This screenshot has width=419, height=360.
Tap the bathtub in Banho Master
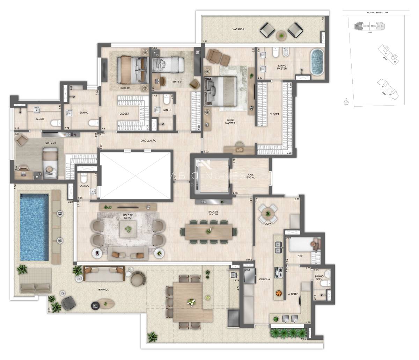coord(317,62)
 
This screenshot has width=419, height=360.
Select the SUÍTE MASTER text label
coord(230,121)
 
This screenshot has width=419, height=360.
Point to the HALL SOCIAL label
coord(250,175)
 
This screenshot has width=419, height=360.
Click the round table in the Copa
coord(268,213)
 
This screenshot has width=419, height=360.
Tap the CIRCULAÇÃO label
coord(148,141)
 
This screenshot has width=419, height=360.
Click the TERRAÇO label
coord(104,290)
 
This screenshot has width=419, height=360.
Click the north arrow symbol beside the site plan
coord(346,102)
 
